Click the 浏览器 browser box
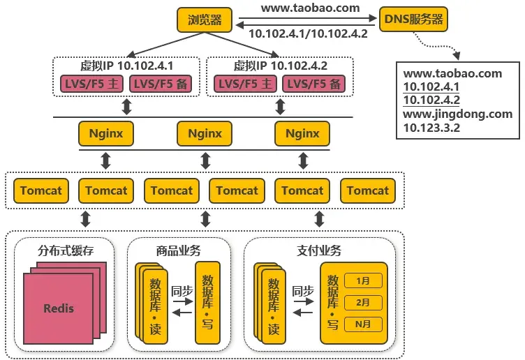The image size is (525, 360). coord(205,20)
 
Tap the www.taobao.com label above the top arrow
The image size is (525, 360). coord(311,8)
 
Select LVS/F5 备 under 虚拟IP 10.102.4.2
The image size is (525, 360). coord(315,84)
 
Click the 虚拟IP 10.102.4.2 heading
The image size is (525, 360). coord(281,66)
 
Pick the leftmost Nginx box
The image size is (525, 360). coord(106,133)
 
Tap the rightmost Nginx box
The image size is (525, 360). coord(302,133)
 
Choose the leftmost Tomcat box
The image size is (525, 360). coord(40,190)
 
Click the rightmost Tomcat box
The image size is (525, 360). coord(368,190)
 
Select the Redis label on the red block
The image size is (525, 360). coord(58,308)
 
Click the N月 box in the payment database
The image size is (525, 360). coord(363,324)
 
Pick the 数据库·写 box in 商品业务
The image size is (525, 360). coord(207,302)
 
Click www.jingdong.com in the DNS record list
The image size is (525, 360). coord(457,114)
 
